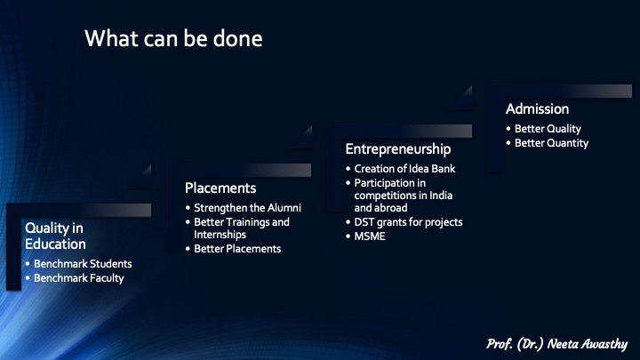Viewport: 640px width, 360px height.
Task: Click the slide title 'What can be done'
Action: [173, 39]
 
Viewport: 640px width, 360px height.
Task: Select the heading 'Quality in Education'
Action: [55, 236]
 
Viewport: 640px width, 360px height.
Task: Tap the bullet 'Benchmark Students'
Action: [83, 264]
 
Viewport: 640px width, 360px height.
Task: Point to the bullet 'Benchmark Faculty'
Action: [79, 278]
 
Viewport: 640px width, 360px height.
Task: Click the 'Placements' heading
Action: [220, 188]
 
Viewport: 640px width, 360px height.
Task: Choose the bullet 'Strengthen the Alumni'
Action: [247, 208]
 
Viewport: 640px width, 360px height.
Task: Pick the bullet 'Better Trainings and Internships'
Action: [242, 228]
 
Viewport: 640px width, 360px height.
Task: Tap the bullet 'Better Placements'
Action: [237, 249]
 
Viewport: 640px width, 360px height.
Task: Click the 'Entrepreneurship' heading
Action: [398, 149]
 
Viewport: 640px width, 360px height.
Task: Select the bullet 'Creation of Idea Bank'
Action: [404, 169]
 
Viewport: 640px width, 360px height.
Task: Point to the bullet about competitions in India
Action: [404, 196]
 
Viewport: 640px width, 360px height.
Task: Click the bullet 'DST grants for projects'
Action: [408, 222]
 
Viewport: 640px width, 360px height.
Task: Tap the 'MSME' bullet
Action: [370, 236]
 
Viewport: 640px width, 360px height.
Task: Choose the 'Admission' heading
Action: [537, 109]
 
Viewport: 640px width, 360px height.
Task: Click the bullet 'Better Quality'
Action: [548, 129]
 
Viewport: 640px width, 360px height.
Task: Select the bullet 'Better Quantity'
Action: [551, 143]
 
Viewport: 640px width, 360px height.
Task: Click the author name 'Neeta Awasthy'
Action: [587, 344]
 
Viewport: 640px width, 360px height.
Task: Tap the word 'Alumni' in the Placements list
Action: [284, 208]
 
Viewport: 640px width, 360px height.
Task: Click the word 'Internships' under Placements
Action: [220, 235]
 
